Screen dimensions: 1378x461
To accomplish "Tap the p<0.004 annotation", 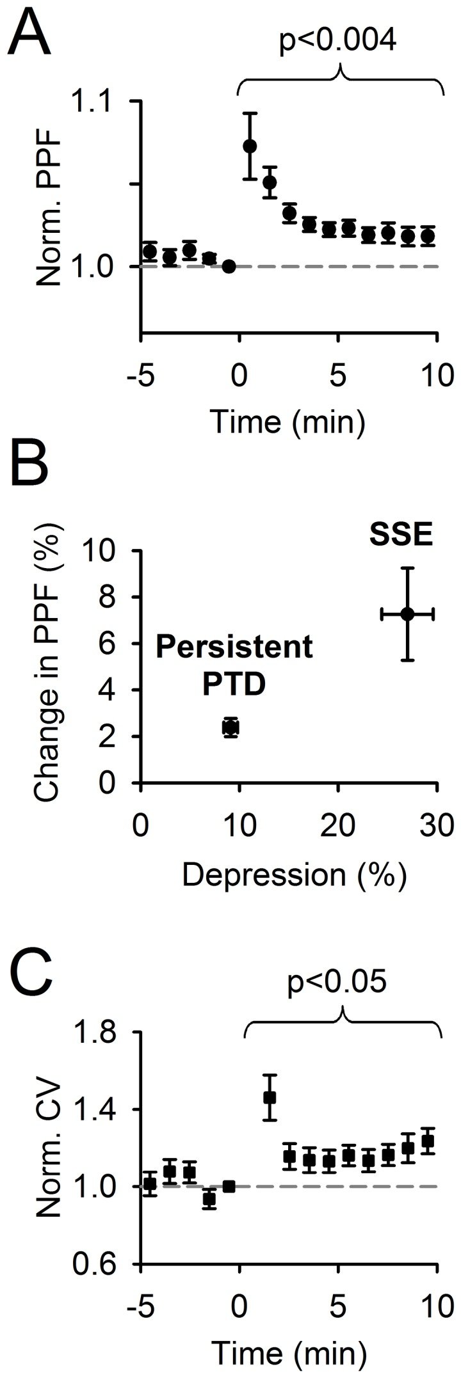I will point(339,40).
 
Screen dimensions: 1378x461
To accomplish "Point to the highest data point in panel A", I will point(250,146).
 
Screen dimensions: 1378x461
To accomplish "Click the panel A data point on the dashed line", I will point(229,266).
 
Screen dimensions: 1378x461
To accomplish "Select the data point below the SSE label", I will point(408,614).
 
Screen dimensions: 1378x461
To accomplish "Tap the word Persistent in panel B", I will point(235,647).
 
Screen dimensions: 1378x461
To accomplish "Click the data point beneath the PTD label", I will point(230,727).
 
